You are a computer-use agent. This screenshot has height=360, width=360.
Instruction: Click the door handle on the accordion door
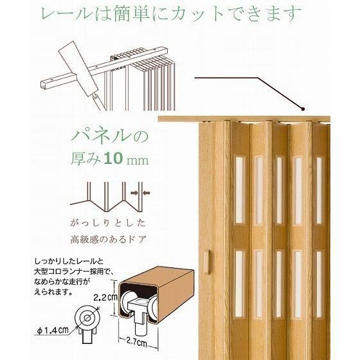pyautogui.click(x=206, y=262)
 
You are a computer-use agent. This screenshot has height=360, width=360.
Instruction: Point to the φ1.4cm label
pyautogui.click(x=53, y=330)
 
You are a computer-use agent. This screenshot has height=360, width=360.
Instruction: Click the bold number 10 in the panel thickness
pyautogui.click(x=113, y=158)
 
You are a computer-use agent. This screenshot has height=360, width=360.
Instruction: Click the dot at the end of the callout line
pyautogui.click(x=303, y=109)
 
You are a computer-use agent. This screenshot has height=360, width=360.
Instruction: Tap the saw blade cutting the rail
pyautogui.click(x=78, y=69)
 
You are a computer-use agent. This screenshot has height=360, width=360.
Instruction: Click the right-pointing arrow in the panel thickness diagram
pyautogui.click(x=134, y=193)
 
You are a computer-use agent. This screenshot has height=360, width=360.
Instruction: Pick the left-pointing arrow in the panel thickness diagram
pyautogui.click(x=147, y=193)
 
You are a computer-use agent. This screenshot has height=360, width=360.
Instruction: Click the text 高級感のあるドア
pyautogui.click(x=108, y=239)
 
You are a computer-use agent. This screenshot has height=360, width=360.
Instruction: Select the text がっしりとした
pyautogui.click(x=108, y=223)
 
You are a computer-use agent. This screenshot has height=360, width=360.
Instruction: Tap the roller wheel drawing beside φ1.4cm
pyautogui.click(x=87, y=318)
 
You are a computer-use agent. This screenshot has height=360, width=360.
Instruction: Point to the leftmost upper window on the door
pyautogui.click(x=239, y=190)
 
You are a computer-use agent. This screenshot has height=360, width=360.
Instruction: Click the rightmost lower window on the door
pyautogui.click(x=319, y=284)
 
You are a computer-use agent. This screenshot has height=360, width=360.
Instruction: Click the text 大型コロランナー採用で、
pyautogui.click(x=73, y=271)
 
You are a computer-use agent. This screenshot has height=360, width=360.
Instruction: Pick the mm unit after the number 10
pyautogui.click(x=138, y=160)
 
